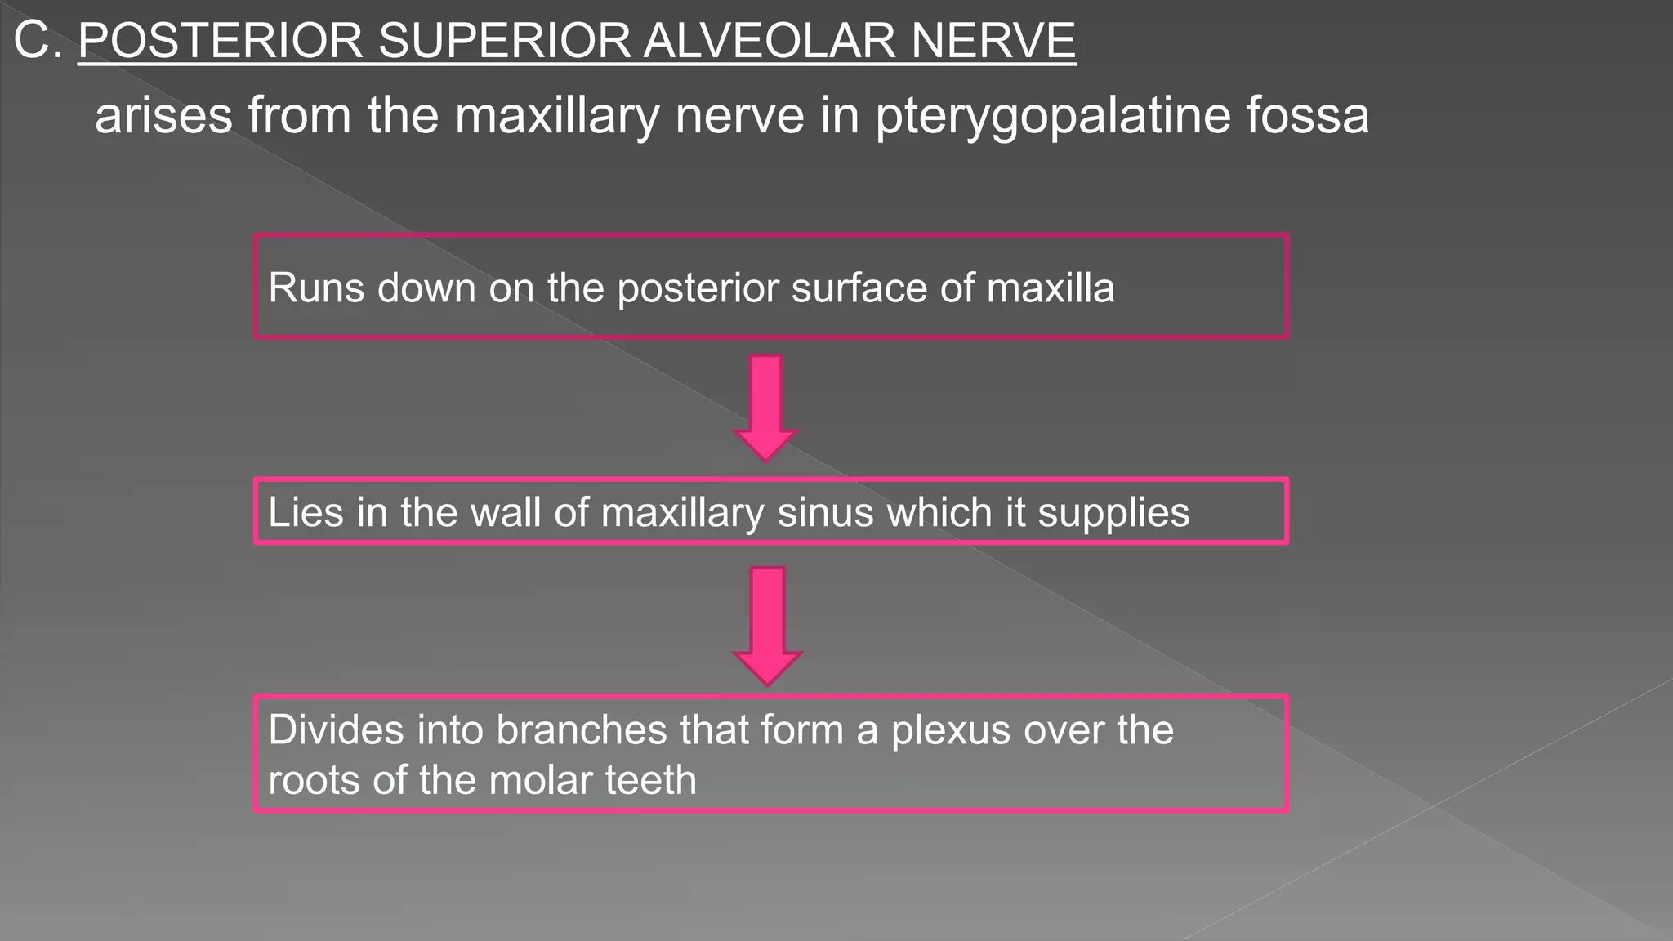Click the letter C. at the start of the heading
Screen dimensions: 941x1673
38,41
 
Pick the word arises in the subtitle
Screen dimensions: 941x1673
163,114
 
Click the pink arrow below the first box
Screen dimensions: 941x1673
765,407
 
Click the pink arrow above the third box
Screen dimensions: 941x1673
767,625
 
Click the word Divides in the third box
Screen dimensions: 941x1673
335,729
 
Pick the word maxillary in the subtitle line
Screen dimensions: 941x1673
556,116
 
